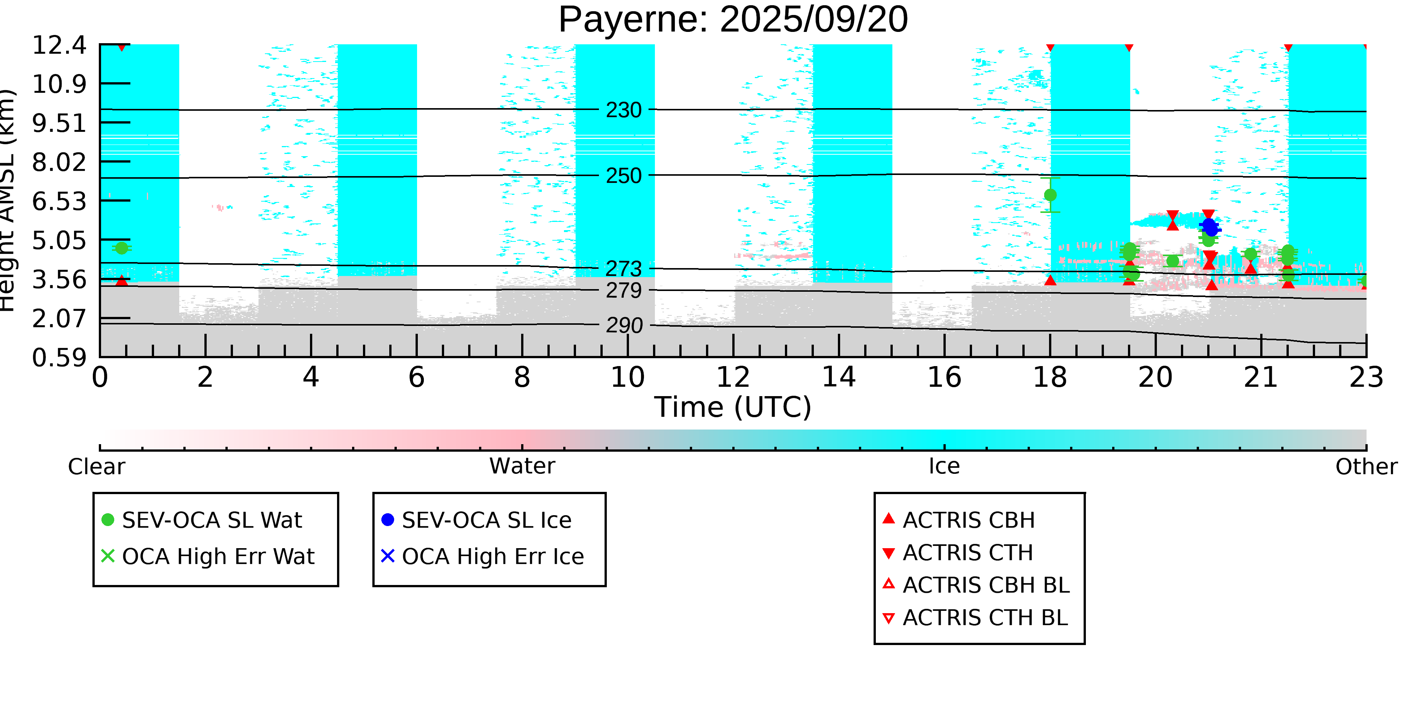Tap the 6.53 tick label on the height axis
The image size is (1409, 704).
59,201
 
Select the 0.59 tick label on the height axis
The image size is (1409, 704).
59,358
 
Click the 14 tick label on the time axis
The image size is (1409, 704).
839,378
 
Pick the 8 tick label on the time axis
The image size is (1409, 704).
522,378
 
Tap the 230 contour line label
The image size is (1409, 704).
624,110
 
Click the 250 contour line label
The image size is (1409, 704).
624,176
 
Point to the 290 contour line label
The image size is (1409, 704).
624,326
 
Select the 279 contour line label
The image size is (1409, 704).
624,291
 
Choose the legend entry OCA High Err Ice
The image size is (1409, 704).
492,556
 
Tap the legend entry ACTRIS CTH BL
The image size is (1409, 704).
984,618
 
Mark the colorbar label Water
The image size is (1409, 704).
522,466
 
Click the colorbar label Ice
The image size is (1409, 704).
944,466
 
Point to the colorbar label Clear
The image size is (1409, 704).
96,467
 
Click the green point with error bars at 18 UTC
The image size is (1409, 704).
1050,195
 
